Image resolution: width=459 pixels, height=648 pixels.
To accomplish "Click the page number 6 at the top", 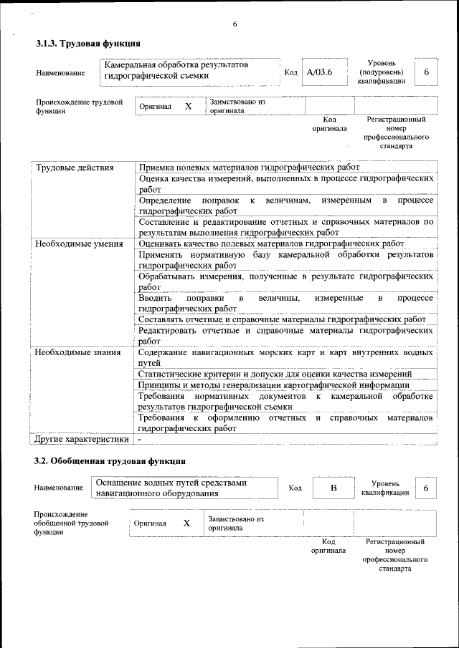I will click(235, 25).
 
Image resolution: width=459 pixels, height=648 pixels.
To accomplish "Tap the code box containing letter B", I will click(333, 488).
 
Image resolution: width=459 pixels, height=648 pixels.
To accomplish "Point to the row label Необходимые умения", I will click(80, 243).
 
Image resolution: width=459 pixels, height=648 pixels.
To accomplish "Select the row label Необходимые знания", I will click(78, 352).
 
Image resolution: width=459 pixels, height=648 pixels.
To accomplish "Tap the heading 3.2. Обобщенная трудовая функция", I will click(110, 460).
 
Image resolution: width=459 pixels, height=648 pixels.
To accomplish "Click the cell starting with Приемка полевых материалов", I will click(249, 168).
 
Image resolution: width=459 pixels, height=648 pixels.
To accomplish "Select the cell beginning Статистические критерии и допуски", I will click(275, 373).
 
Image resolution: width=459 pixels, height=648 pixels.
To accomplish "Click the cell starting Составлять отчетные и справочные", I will click(282, 319).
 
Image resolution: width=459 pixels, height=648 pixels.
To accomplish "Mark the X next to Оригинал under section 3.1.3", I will click(189, 106).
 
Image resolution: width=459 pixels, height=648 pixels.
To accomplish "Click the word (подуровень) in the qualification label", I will click(381, 72).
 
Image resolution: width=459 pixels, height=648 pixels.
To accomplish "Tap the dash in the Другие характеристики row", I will click(141, 439).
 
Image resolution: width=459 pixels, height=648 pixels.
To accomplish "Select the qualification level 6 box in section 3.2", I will click(426, 488).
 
